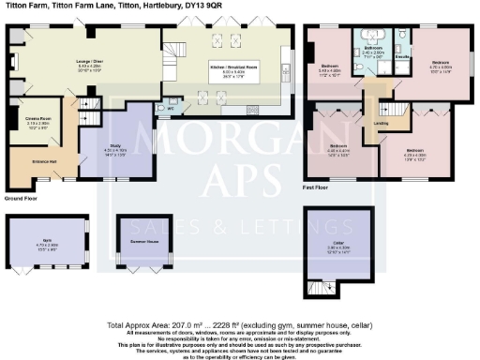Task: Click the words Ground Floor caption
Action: click(x=22, y=200)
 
